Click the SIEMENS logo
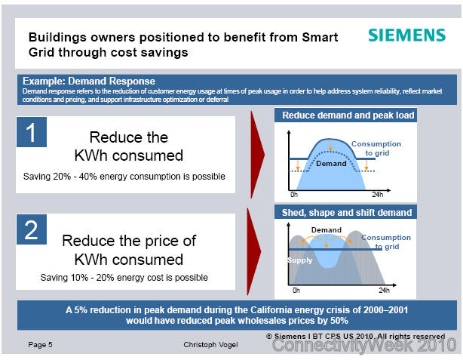406,35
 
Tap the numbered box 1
32,132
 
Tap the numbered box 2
32,229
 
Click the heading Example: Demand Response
89,81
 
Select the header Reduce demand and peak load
348,115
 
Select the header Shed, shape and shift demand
347,213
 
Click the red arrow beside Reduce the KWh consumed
257,155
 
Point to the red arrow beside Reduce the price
254,251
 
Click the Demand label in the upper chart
331,164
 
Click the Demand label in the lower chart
327,230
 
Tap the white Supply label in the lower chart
299,260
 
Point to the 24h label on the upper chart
377,195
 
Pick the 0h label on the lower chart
296,291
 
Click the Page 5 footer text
40,345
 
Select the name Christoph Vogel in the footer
210,345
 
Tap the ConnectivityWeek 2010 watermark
364,345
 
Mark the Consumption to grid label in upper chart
376,149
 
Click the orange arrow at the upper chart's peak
330,145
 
